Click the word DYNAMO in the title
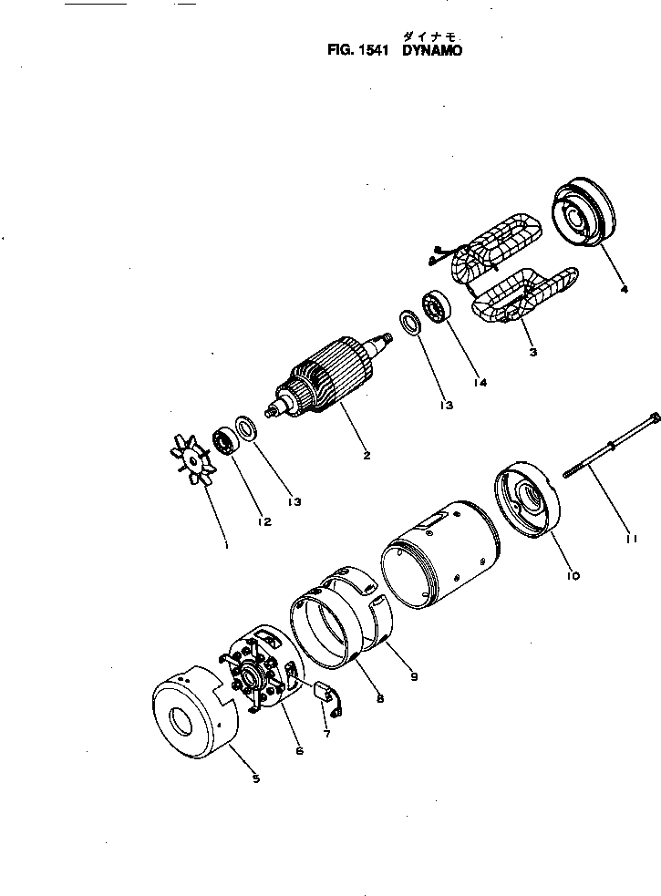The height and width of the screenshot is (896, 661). coord(432,52)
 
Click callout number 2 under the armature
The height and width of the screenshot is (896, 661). coord(366,455)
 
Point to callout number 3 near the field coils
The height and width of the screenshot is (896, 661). coord(532,351)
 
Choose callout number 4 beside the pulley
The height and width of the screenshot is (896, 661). coord(624,290)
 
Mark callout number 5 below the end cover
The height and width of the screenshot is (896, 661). coord(255,778)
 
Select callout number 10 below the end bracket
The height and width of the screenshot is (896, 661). coord(573,575)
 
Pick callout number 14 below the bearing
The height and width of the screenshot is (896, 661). coord(479,383)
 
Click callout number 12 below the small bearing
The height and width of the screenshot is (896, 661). coord(263,521)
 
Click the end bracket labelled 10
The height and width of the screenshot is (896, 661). coord(528,501)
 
